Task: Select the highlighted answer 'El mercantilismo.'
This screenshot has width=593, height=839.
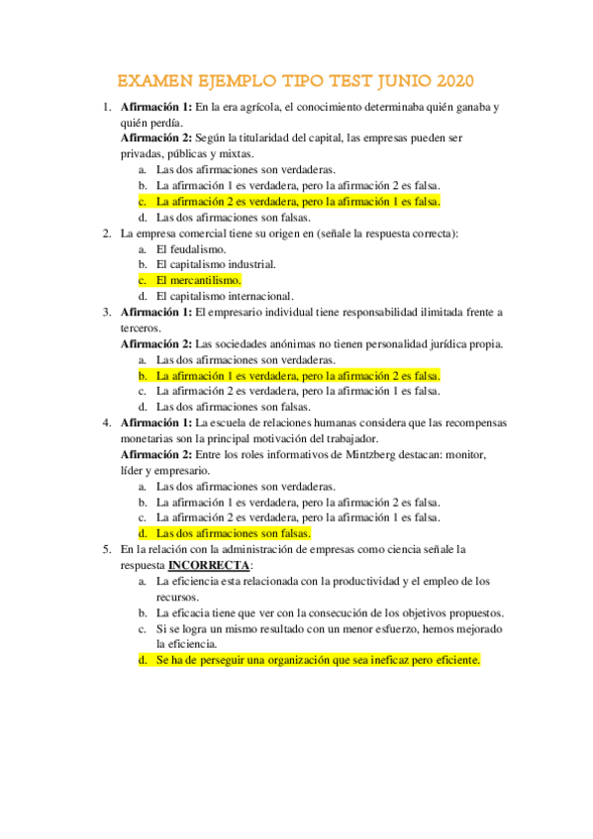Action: click(x=198, y=281)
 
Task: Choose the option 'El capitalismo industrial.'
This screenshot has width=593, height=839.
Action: click(x=216, y=265)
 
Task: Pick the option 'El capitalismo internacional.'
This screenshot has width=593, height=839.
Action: click(x=225, y=296)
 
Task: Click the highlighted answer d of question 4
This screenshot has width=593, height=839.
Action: click(x=233, y=532)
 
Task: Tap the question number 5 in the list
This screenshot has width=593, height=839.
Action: click(x=106, y=548)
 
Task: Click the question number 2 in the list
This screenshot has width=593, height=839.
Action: click(x=106, y=233)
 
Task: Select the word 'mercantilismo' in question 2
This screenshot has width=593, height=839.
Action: click(x=205, y=281)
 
